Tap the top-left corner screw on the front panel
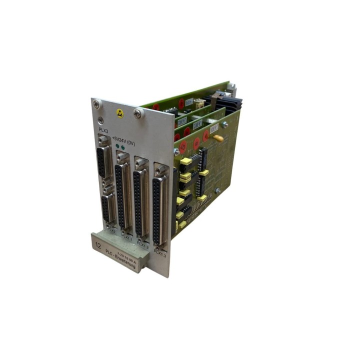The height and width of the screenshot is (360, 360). pyautogui.click(x=96, y=104)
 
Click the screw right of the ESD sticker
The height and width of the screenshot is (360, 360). pyautogui.click(x=137, y=113)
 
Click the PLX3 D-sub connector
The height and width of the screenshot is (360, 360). pyautogui.click(x=103, y=160)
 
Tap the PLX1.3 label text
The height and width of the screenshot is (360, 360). pyautogui.click(x=160, y=253)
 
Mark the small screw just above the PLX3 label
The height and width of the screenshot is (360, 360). pyautogui.click(x=101, y=120)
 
